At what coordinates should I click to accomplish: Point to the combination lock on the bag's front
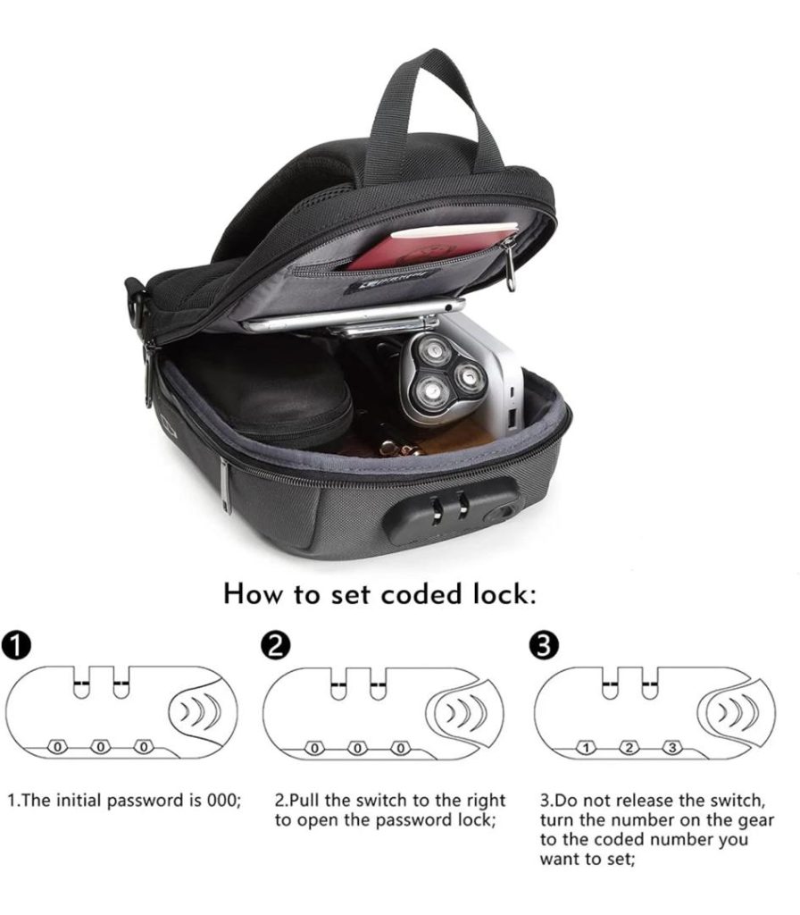(450, 510)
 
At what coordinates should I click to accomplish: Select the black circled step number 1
(16, 645)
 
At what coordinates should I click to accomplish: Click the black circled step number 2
(275, 645)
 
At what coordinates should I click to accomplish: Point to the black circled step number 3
(544, 645)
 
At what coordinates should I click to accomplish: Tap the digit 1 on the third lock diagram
(587, 748)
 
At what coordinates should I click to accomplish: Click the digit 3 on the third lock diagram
(672, 748)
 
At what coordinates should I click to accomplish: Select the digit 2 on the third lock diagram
(629, 748)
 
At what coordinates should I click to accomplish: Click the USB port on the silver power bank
(513, 418)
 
